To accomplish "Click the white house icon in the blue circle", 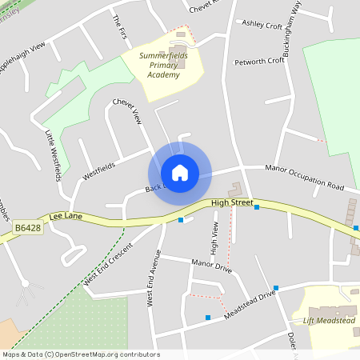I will (x=180, y=172).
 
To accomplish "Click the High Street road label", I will (x=232, y=204).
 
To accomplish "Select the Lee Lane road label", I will (x=66, y=216).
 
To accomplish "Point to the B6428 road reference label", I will (x=29, y=228).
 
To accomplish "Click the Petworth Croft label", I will (x=259, y=61).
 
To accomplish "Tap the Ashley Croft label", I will (x=263, y=24).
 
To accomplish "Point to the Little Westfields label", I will (x=53, y=155).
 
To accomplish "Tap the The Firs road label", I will (x=120, y=24).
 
